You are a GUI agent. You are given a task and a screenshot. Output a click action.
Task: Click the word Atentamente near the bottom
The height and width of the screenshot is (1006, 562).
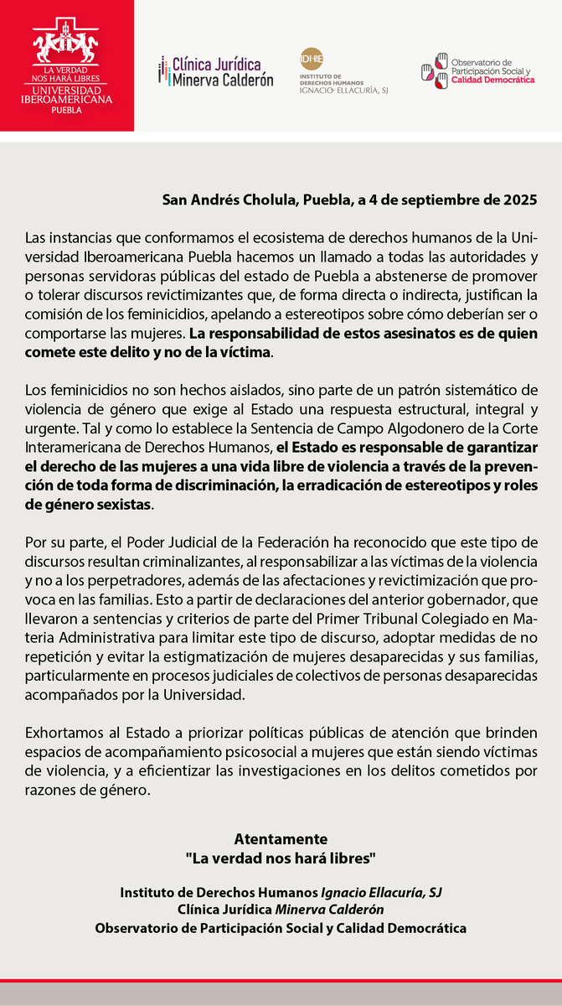pyautogui.click(x=281, y=839)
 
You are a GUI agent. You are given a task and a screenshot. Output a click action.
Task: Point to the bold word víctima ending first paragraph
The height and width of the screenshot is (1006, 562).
pyautogui.click(x=249, y=353)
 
